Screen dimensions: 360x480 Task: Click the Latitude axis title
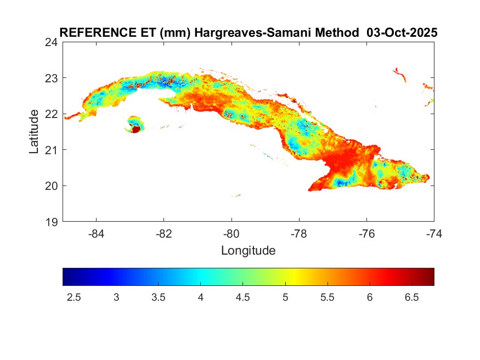[x=34, y=131]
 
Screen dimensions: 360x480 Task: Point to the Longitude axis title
[x=248, y=251]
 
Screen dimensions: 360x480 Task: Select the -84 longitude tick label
[x=96, y=233]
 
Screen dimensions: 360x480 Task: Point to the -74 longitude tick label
[x=434, y=233]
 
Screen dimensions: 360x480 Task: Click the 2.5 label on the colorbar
[x=74, y=297]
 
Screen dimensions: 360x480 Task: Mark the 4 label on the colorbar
[x=201, y=297]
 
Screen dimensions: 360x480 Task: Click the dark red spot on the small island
[x=134, y=130]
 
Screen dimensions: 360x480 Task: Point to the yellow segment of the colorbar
[x=291, y=277]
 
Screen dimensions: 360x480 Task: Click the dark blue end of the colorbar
[x=67, y=277]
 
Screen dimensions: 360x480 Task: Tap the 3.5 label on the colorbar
[x=159, y=297]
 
